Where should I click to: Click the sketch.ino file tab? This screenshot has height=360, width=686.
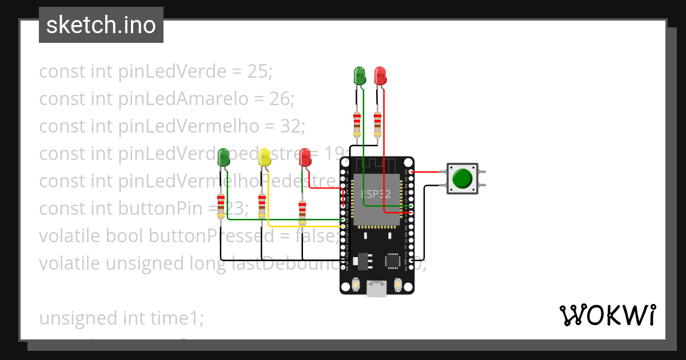click(101, 25)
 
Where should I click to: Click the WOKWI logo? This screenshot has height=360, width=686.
click(607, 315)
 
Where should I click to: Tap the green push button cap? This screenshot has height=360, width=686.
click(462, 178)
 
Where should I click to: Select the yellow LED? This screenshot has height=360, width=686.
click(264, 158)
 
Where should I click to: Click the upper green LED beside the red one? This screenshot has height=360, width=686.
click(360, 75)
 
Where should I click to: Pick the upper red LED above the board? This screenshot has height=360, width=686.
click(380, 75)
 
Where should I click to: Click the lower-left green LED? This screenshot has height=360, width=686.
click(224, 158)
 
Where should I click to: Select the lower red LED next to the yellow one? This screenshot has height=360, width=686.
click(305, 157)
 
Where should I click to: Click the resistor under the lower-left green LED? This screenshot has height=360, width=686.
click(221, 206)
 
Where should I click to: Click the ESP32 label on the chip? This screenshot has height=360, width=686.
click(376, 194)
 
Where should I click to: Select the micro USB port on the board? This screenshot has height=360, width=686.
click(376, 289)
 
